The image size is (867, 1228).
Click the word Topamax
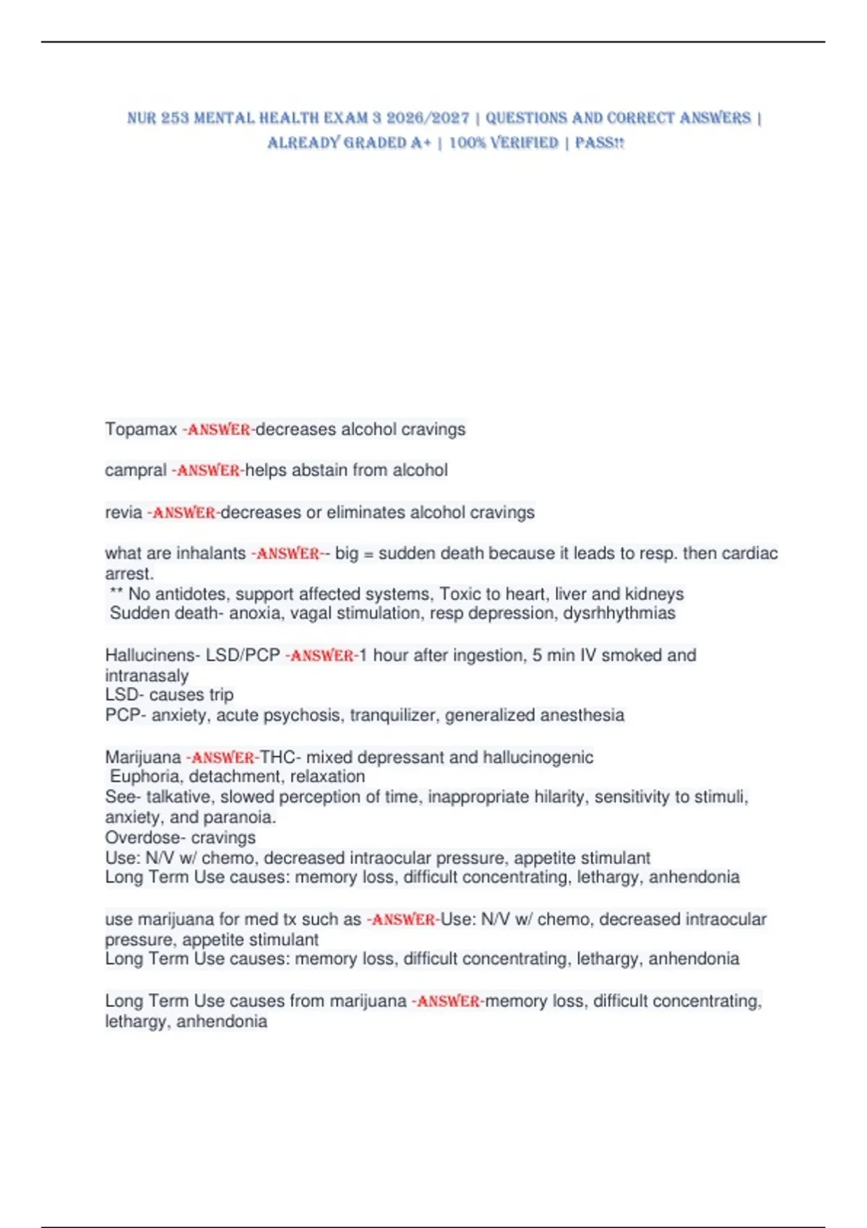pos(141,430)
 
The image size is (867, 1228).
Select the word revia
pos(124,513)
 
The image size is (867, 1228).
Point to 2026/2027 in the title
pos(428,118)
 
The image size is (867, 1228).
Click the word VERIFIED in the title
pos(525,143)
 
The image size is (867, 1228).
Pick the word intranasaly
pos(147,676)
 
